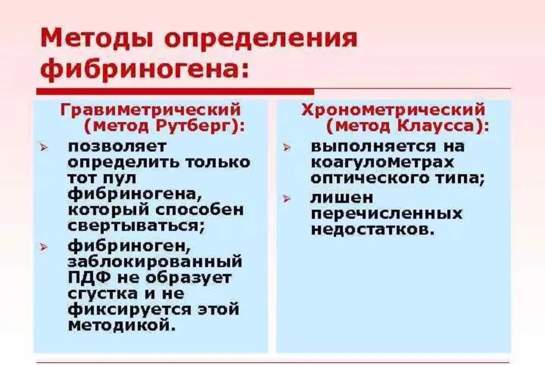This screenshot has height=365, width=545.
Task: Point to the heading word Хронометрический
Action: click(x=393, y=110)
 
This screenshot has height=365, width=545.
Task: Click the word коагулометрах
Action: click(x=382, y=162)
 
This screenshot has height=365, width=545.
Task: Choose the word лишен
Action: click(x=336, y=198)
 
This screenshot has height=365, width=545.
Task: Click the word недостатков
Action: click(x=373, y=230)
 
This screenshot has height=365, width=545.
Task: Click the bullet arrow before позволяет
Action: click(x=44, y=147)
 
